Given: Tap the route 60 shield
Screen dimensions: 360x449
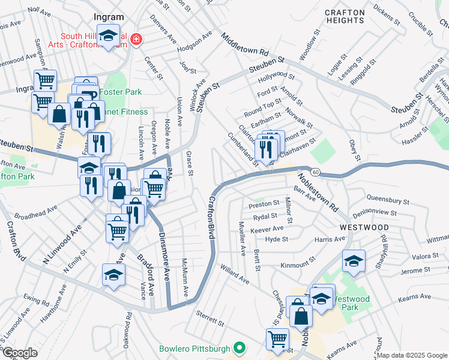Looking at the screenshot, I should coord(315,172).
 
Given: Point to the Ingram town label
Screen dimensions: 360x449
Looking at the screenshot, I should coord(109,17).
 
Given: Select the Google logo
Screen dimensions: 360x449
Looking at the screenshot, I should coord(19,353).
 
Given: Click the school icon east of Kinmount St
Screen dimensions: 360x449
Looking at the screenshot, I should coord(354,262).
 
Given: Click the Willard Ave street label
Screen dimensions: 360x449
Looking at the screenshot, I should coord(235,273).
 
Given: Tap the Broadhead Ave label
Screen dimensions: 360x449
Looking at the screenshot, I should coord(35,212).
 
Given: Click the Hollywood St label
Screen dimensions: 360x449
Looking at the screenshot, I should coord(276,77).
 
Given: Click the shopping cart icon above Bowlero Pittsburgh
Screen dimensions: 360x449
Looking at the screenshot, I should coord(277,339).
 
